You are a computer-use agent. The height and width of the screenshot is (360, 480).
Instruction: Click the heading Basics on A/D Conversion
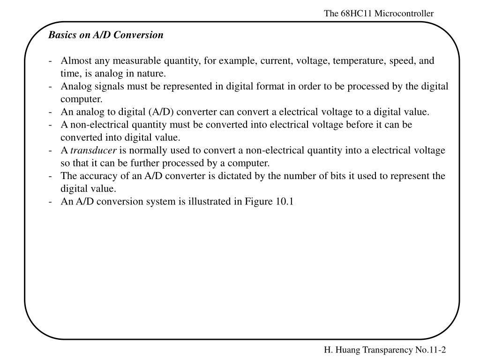click(106, 35)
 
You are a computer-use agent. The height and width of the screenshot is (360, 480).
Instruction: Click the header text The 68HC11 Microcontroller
click(379, 14)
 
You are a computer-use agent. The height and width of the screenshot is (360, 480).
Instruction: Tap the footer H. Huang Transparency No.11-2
click(384, 350)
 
